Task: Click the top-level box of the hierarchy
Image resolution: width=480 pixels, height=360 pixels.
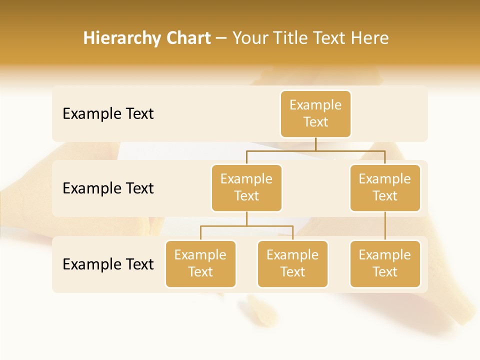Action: tap(315, 114)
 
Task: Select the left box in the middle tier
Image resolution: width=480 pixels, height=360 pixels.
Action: tap(246, 188)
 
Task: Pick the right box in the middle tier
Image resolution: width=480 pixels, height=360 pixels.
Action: tap(385, 188)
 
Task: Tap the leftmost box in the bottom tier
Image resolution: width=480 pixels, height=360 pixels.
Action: tap(200, 264)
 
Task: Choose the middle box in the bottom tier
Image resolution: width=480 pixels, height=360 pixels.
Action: tap(292, 264)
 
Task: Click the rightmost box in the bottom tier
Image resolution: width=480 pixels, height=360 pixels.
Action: tap(385, 264)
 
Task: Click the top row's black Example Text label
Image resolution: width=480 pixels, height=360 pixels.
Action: tap(108, 114)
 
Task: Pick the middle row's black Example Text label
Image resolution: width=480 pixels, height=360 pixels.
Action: tap(108, 188)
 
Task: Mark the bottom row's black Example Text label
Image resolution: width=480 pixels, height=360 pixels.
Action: tap(108, 264)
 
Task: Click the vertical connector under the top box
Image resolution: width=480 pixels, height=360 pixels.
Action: tap(315, 144)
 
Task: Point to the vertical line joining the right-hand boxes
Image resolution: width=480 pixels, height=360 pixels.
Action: tap(385, 226)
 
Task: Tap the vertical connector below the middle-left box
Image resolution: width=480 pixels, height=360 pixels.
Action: tap(246, 219)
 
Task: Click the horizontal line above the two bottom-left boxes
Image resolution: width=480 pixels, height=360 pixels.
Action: tap(246, 226)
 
